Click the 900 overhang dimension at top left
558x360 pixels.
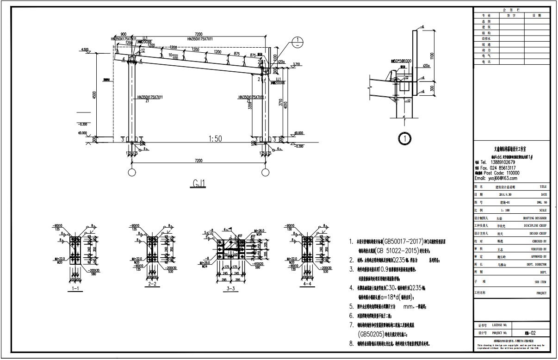tap(123, 34)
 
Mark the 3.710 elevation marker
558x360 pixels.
tap(297, 64)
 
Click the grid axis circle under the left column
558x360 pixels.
tap(132, 173)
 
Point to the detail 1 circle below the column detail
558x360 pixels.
tap(405, 138)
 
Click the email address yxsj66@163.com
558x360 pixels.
tap(496, 178)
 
